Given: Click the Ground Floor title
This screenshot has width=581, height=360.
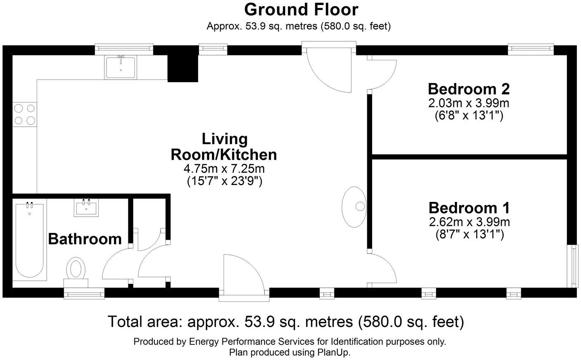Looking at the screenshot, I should click(x=301, y=9).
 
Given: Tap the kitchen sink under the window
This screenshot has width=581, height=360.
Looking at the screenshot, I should click(x=120, y=67).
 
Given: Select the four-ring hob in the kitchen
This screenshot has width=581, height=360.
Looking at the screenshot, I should click(x=24, y=114).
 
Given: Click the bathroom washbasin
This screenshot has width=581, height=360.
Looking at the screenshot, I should click(x=87, y=208).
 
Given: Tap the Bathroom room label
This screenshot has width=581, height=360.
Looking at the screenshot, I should click(x=85, y=239).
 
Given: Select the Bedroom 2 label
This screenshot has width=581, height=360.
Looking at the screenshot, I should click(x=469, y=89).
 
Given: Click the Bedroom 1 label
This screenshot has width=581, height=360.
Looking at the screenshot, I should click(x=469, y=207).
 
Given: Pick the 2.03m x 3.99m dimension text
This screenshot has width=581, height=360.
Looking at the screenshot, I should click(x=469, y=102).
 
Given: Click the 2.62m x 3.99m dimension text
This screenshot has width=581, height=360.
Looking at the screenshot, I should click(x=469, y=222).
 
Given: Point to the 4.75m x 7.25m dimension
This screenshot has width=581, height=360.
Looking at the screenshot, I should click(x=224, y=168).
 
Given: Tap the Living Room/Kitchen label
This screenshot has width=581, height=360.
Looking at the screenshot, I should click(x=224, y=147).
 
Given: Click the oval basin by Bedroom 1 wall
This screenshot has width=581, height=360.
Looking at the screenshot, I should click(x=355, y=207).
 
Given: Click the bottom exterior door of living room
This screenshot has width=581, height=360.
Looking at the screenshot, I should click(x=243, y=275).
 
